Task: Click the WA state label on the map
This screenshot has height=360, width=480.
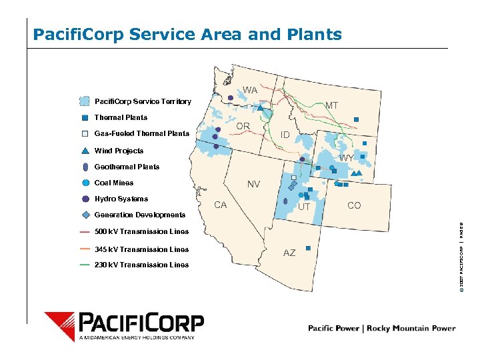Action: [250, 90]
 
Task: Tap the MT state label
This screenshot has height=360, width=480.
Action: [331, 105]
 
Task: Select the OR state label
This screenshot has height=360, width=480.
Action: [243, 126]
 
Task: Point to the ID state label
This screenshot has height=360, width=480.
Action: [285, 135]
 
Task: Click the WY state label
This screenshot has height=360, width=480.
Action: [347, 158]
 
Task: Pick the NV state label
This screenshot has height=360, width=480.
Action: [253, 184]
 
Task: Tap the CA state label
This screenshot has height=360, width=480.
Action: [220, 205]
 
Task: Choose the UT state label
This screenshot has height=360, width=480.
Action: [304, 207]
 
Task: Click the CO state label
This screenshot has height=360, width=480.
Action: [354, 205]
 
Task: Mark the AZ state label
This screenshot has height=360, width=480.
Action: [289, 253]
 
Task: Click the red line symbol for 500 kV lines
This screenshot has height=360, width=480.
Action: [85, 232]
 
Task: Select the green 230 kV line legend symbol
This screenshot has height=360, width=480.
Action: [85, 265]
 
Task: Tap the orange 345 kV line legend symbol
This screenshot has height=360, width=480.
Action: [85, 249]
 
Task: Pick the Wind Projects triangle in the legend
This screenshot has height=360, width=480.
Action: [85, 151]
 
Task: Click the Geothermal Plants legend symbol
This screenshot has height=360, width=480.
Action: [85, 167]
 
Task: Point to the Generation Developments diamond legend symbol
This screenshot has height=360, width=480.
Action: [85, 215]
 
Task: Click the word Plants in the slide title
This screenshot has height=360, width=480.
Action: [313, 34]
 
